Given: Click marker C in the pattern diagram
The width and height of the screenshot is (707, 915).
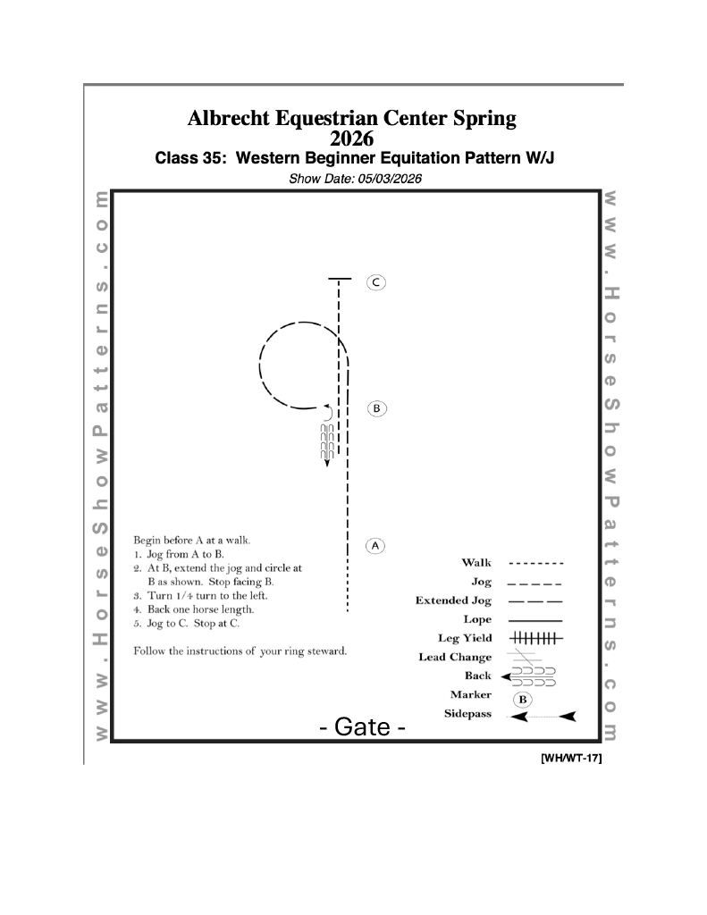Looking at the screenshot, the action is tap(376, 282).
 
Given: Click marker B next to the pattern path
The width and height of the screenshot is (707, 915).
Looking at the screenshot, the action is tap(376, 408).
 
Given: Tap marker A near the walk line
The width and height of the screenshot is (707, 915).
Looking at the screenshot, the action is tap(376, 544).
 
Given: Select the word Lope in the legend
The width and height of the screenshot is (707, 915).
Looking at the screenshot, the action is tap(477, 619).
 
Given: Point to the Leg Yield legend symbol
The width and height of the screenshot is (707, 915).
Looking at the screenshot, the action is tap(534, 638).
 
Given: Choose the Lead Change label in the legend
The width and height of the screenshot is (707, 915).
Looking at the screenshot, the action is tap(455, 658).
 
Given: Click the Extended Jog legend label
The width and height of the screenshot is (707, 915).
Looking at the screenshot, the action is tap(453, 600).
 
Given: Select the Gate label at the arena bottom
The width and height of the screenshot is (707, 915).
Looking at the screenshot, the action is tap(363, 727).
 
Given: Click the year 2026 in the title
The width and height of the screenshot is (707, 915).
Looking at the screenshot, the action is tap(352, 139).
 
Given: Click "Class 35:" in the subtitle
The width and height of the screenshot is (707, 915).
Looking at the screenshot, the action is tap(185, 159).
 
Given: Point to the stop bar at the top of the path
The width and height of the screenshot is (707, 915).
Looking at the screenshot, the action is tap(339, 279).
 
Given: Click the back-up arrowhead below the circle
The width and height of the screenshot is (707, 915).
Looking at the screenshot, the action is tap(326, 461).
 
